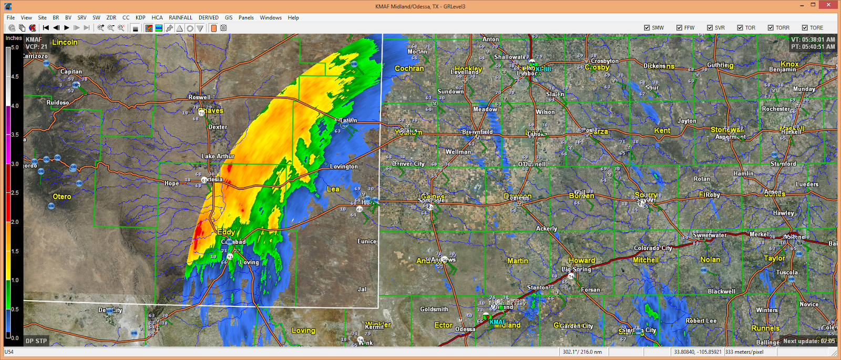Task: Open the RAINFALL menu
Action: click(x=180, y=17)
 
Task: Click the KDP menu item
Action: click(x=140, y=17)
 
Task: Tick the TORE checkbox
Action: click(x=805, y=28)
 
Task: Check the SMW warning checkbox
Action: click(x=647, y=28)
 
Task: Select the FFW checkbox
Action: click(x=679, y=28)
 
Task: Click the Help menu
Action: click(x=293, y=17)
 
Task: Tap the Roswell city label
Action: click(x=199, y=97)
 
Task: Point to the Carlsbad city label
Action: click(x=233, y=242)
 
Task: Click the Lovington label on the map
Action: click(x=344, y=167)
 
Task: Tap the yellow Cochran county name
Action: click(x=409, y=68)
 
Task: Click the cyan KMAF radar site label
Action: click(x=498, y=322)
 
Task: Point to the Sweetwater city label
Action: click(x=710, y=235)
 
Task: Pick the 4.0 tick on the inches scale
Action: click(x=15, y=106)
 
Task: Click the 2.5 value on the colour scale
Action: click(x=15, y=193)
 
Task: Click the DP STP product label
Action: click(x=36, y=341)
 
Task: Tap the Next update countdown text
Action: click(x=809, y=341)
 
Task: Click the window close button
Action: click(x=829, y=6)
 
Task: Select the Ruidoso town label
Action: click(x=58, y=102)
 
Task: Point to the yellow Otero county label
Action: click(x=62, y=197)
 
